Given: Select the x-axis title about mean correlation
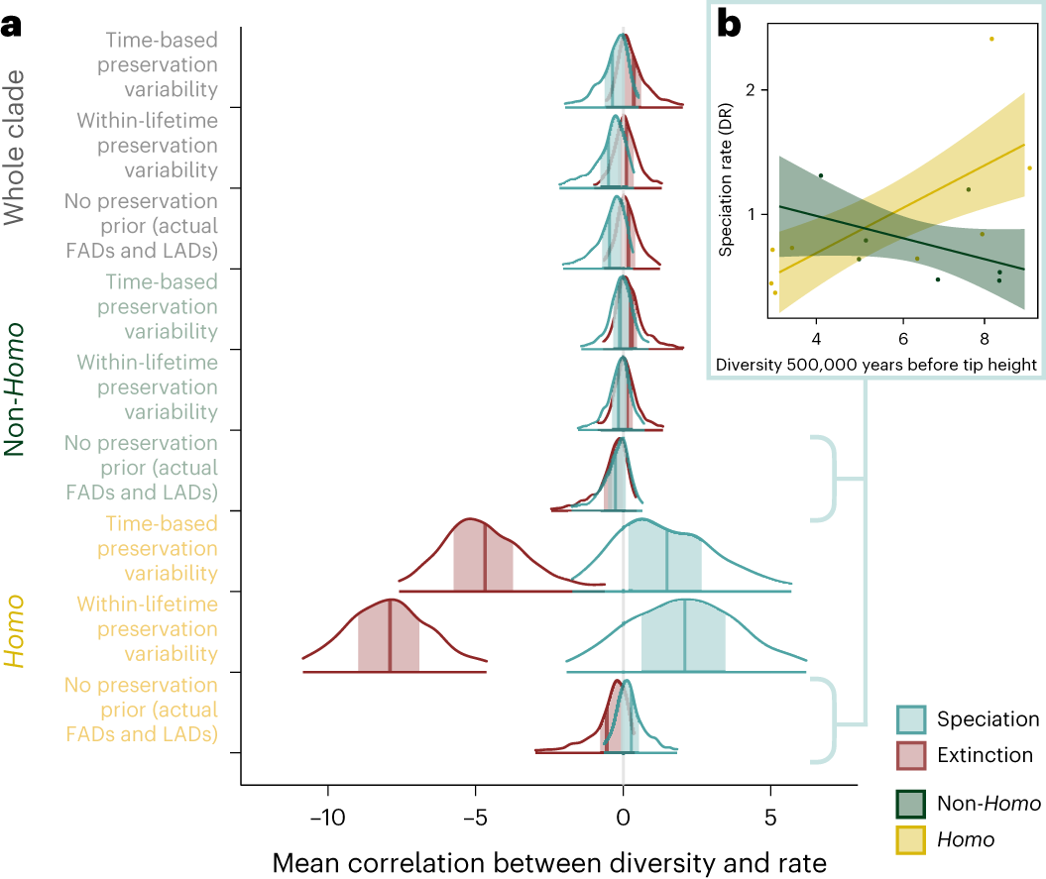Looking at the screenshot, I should [x=548, y=862].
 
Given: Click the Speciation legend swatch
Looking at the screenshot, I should [x=911, y=719].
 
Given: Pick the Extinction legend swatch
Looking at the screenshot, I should [x=911, y=755].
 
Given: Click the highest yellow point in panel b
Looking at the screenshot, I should [x=990, y=39].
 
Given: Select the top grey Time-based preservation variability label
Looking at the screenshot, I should [x=162, y=64].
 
